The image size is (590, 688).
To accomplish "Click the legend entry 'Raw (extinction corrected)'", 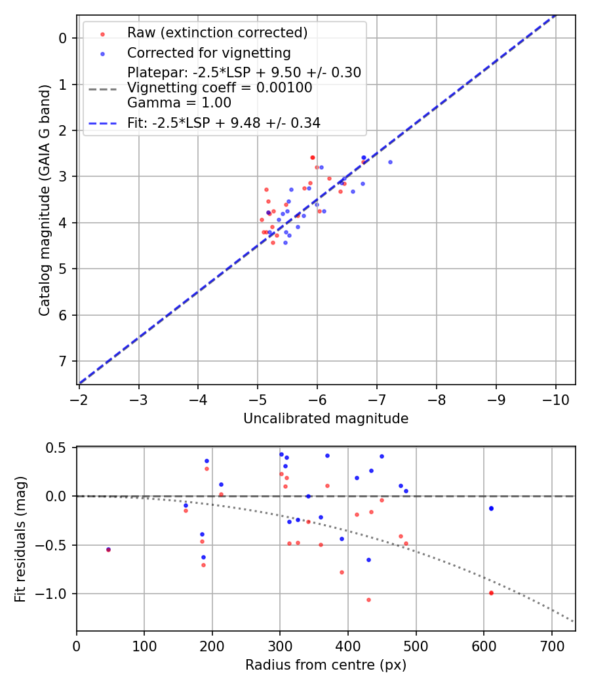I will (x=217, y=33).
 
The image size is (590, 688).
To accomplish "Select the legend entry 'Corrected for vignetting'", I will (x=209, y=52).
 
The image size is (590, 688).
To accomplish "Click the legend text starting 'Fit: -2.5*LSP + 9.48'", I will (x=224, y=123).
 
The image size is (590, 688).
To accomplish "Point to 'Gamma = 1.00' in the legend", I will (x=179, y=103).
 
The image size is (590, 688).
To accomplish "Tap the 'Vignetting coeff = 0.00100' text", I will (x=220, y=88).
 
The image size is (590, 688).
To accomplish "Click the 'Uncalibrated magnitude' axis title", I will (x=326, y=419).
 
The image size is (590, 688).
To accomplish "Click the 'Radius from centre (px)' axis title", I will (x=326, y=665).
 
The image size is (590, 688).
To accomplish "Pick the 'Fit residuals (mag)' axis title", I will (x=20, y=539).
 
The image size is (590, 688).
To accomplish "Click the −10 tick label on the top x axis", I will (x=555, y=399).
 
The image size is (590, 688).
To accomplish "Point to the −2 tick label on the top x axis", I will (x=79, y=399).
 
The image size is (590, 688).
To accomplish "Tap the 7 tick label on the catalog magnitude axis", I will (x=64, y=362).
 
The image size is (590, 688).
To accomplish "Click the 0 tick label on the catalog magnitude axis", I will (x=64, y=38).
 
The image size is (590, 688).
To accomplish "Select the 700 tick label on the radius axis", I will (x=551, y=645).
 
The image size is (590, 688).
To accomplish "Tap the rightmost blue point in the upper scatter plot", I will (x=390, y=162).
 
